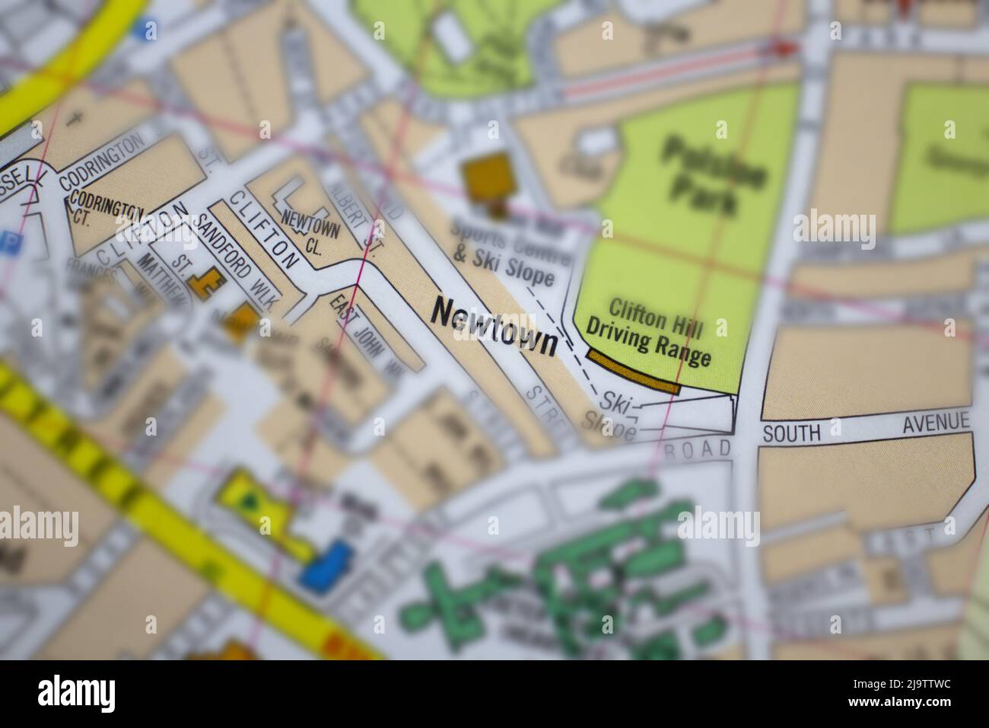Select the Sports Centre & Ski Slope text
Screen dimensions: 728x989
(503, 252)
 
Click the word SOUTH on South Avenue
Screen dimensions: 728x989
(792, 433)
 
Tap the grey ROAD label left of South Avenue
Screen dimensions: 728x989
(698, 450)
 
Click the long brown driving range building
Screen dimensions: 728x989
(633, 372)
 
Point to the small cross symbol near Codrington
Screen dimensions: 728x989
(74, 118)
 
